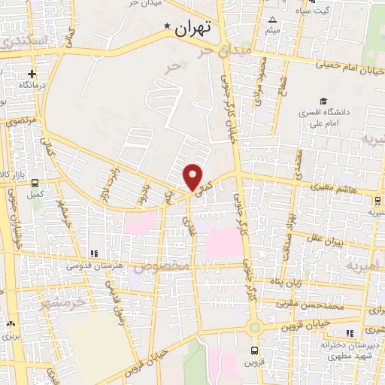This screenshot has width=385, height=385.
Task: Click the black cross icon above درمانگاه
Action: (32, 74)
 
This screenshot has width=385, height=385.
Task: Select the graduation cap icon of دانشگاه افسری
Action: (323, 101)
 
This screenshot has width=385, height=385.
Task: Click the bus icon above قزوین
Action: (254, 350)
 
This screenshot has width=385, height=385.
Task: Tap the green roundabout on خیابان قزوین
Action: (254, 327)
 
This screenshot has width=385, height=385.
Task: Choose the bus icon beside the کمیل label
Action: (35, 182)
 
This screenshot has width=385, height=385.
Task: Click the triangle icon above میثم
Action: (272, 20)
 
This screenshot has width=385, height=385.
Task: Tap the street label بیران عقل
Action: (328, 241)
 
